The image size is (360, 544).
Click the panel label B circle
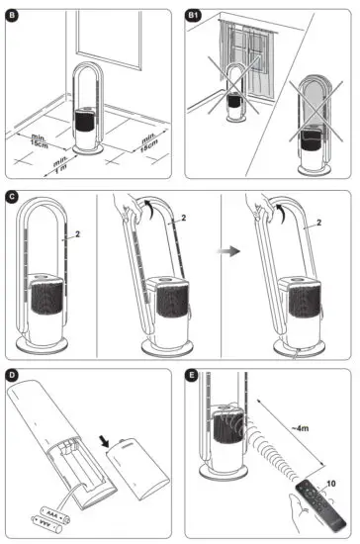point(13,16)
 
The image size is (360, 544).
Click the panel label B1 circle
point(193,16)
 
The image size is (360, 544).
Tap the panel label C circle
point(13,197)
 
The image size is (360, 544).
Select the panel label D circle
point(13,375)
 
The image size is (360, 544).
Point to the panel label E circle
point(192,375)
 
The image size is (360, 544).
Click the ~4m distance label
point(300,428)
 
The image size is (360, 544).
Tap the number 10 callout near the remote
point(331,484)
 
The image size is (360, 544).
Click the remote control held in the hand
point(320,504)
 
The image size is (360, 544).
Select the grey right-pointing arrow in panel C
point(228,251)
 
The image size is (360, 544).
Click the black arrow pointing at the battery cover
point(104,441)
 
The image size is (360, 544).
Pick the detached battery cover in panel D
point(138,469)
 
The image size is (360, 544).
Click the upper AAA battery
point(54,514)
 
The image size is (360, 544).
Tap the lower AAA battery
point(46,524)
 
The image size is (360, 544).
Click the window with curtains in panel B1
point(246,58)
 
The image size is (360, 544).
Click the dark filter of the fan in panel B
point(85,121)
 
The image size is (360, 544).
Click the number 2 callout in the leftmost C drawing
point(77,234)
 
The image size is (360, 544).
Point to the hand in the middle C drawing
point(128,208)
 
